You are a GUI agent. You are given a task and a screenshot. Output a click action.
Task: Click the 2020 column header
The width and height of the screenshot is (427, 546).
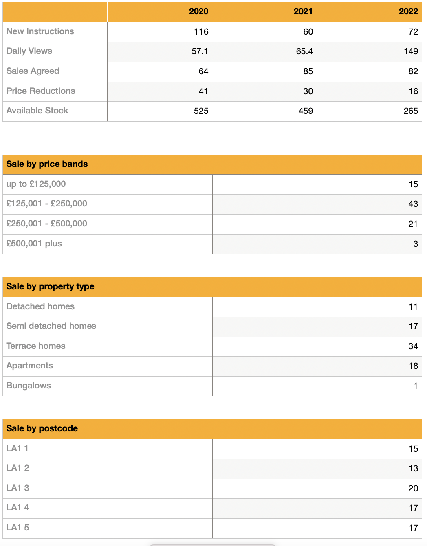pos(198,11)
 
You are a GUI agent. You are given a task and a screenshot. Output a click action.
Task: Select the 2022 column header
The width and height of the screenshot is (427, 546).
pos(408,11)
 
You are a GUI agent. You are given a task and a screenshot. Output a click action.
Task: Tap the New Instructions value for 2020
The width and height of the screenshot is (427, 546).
pos(201,32)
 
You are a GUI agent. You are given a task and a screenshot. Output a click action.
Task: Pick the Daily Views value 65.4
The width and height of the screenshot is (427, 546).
pos(304,51)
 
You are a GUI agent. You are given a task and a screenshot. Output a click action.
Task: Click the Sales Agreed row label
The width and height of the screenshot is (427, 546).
pos(33,71)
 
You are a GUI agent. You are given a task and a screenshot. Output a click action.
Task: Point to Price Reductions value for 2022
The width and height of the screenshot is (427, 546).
pos(413,91)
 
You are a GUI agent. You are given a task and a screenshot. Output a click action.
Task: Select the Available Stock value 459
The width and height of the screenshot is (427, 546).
pos(306,111)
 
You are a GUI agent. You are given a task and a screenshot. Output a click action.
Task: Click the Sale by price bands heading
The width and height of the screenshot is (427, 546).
pos(47,164)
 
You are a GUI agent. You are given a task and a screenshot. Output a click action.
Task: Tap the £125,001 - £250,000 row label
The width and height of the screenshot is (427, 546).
pos(47,204)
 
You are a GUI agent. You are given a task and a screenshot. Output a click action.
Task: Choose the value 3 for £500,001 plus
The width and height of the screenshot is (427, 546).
pos(415,244)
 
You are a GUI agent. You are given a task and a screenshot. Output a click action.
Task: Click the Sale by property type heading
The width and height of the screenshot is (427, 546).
pos(50,286)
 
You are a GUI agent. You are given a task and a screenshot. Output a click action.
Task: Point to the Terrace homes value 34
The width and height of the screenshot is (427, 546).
pos(413,346)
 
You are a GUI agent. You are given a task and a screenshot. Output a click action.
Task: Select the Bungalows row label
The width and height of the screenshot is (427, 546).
pos(29,386)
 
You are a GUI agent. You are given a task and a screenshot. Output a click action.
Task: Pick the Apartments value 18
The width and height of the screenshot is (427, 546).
pos(413,366)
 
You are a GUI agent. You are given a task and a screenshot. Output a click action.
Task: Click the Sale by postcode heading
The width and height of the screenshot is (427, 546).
pos(42,428)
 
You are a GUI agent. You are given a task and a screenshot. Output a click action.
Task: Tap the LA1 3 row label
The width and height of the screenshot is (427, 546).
pos(18,488)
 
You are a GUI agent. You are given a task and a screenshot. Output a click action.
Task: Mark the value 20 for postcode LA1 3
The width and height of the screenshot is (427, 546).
pos(413,488)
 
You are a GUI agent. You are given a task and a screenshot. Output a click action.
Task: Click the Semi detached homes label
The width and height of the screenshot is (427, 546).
pos(51,326)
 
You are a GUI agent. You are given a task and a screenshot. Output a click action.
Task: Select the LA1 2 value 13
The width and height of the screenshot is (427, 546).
pos(413,468)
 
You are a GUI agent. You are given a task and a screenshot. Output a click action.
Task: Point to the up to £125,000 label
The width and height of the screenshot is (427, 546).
pos(36,184)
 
